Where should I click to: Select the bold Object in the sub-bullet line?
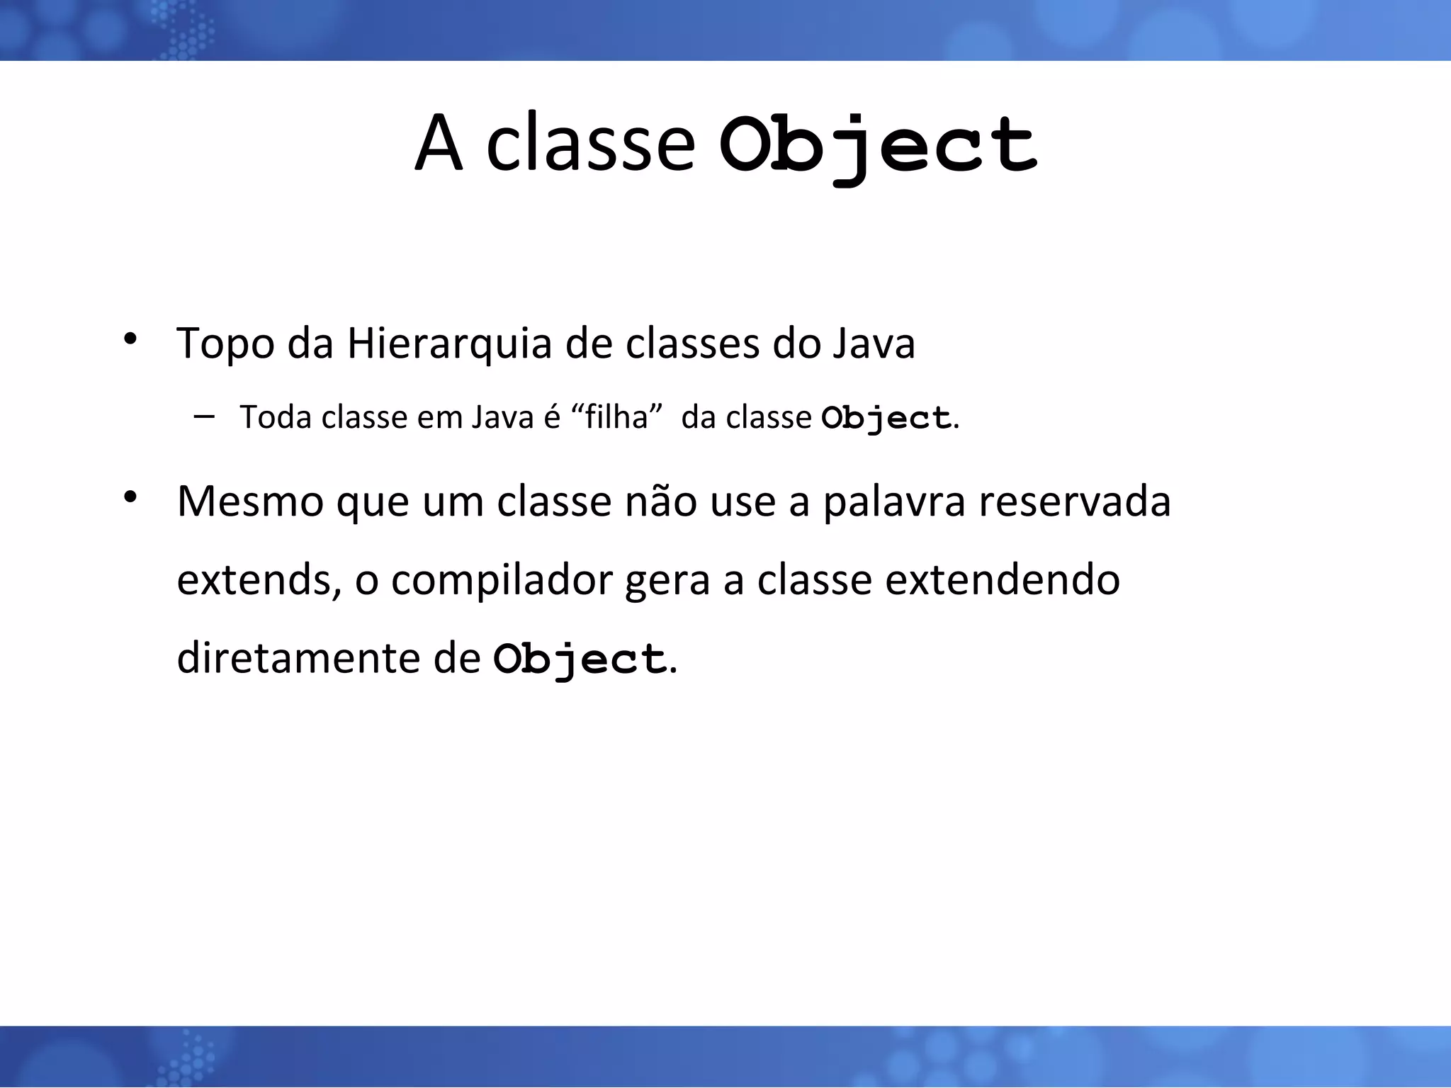pos(886,419)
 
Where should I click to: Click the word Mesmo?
pos(250,501)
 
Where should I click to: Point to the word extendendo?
pos(1003,580)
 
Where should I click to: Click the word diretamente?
pos(298,659)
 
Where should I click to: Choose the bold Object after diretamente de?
pos(579,660)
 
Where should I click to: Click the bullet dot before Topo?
pos(130,339)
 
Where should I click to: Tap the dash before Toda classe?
pos(203,416)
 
